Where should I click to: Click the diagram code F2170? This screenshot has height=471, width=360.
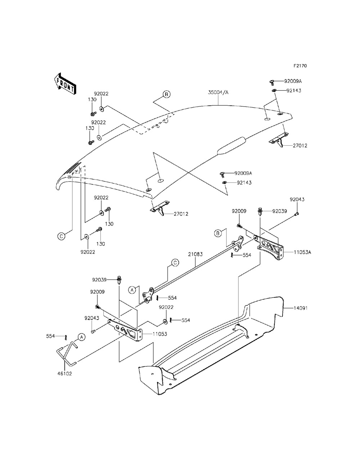300,66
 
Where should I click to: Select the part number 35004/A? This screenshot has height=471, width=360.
218,92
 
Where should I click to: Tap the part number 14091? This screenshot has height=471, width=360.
300,308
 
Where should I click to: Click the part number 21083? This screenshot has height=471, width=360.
195,254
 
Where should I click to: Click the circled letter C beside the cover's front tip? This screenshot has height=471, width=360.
62,236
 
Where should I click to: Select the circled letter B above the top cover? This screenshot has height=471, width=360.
166,95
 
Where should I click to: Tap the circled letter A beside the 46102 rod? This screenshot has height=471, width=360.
82,337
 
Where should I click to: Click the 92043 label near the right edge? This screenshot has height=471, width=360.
297,199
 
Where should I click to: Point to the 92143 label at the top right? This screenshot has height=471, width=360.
294,91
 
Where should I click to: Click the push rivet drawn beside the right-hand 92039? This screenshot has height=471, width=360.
260,212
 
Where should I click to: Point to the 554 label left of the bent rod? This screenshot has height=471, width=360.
51,336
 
